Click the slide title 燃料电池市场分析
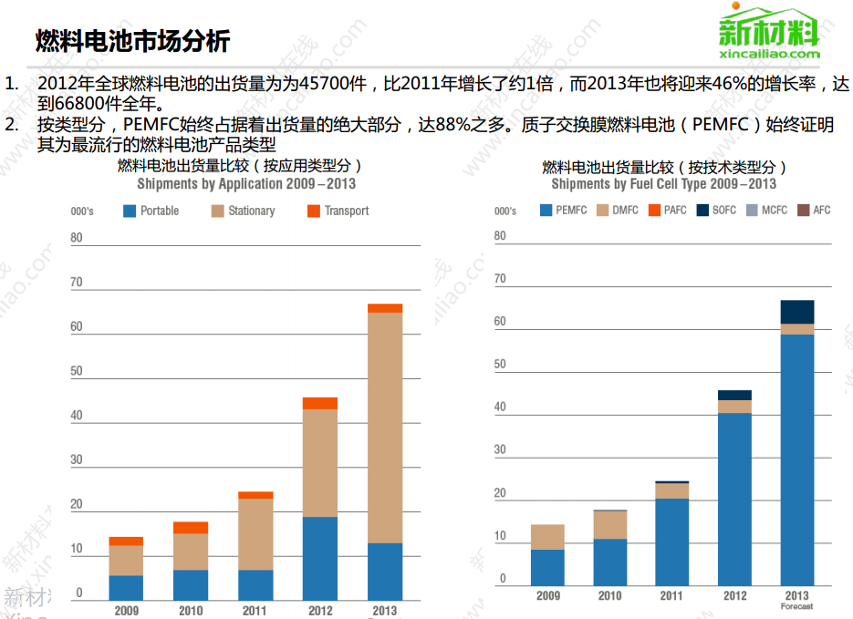(132, 41)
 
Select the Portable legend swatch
(130, 211)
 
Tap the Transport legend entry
(338, 211)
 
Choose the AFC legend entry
(814, 211)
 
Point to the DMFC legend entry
(618, 211)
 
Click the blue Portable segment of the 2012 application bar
(320, 558)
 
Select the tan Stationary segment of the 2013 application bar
(385, 428)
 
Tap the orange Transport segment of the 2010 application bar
(191, 528)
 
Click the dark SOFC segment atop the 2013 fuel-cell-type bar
(797, 312)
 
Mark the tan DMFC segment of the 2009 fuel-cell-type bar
(547, 537)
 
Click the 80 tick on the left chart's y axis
(77, 239)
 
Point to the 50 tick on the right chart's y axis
(500, 365)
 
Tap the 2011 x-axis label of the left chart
(255, 611)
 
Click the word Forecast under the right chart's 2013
(796, 607)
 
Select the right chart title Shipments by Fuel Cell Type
(664, 184)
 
